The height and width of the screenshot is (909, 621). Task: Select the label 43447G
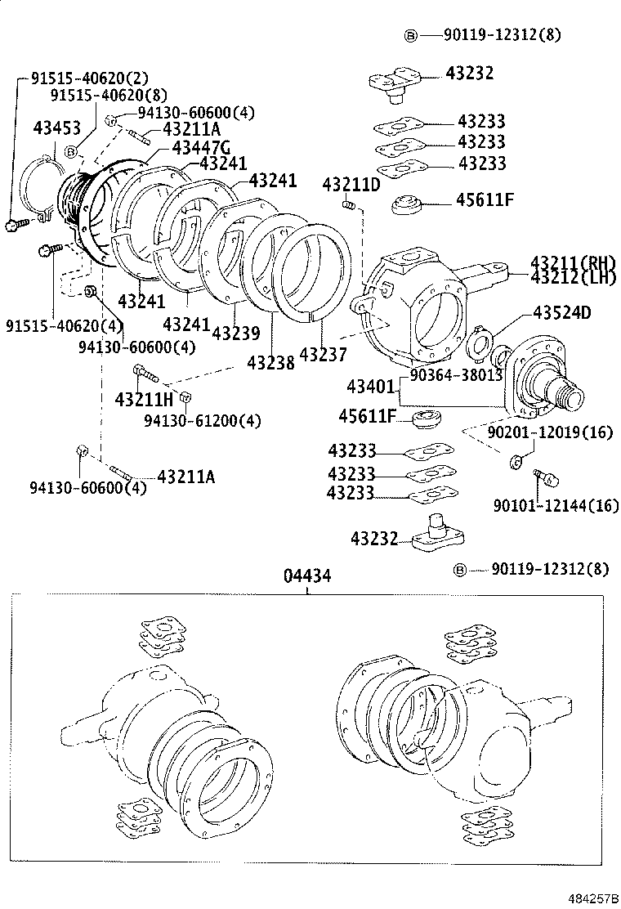click(200, 146)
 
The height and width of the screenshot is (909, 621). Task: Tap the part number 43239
click(235, 334)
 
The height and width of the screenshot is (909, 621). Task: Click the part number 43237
click(323, 355)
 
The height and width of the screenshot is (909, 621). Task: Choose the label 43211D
click(351, 184)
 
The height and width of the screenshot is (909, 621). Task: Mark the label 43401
click(372, 385)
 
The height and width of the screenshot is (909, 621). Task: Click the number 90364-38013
click(455, 374)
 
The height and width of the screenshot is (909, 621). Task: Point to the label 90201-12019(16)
click(549, 432)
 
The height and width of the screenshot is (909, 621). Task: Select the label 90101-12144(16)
click(556, 506)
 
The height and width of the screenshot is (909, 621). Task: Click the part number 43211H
click(144, 399)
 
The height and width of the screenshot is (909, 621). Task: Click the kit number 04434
click(307, 575)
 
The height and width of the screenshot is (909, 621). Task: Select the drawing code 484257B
click(590, 898)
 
